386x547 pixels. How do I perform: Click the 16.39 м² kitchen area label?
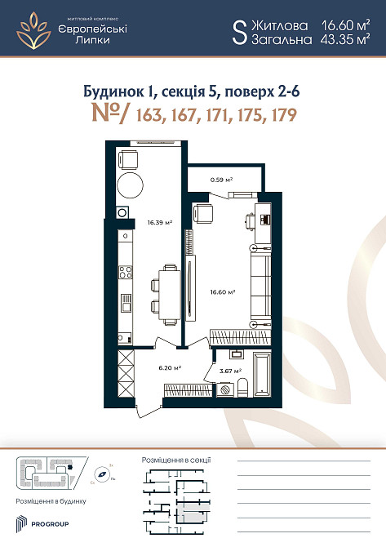pyautogui.click(x=158, y=221)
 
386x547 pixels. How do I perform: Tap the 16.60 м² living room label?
pyautogui.click(x=223, y=291)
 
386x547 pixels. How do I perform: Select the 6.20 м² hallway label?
pyautogui.click(x=169, y=367)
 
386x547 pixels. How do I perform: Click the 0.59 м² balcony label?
pyautogui.click(x=223, y=180)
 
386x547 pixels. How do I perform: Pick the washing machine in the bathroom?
pyautogui.click(x=236, y=354)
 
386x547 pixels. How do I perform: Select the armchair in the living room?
pyautogui.click(x=202, y=214)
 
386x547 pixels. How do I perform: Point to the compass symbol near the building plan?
pyautogui.click(x=104, y=472)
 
